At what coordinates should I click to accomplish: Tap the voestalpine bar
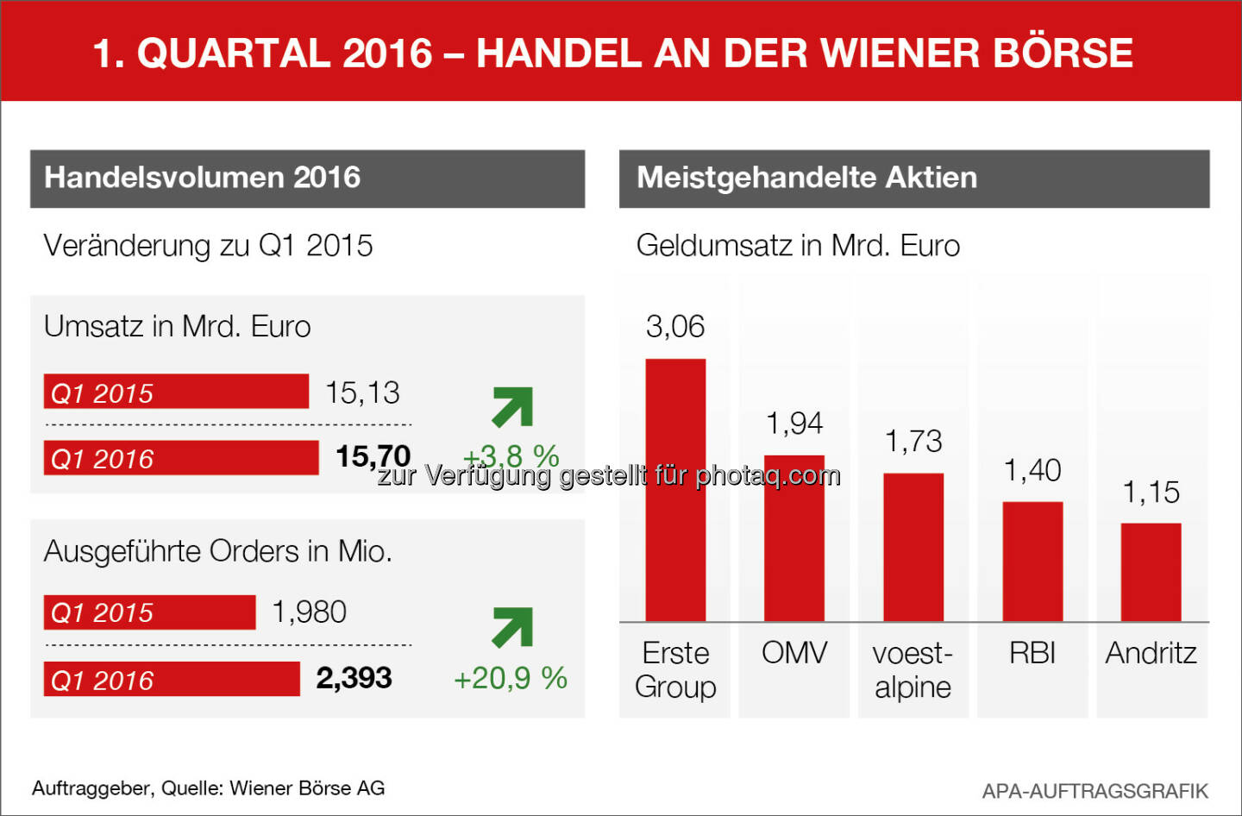[x=913, y=547]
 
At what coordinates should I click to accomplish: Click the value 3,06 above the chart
[x=675, y=327]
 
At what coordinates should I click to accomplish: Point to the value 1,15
[x=1151, y=493]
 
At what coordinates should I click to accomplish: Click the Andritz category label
[x=1151, y=653]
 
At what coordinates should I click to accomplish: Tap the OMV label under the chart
[x=793, y=653]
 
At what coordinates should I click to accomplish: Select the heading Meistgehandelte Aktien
[x=806, y=178]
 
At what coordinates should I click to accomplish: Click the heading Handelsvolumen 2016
[x=203, y=178]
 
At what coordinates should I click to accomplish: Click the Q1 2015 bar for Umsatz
[x=176, y=392]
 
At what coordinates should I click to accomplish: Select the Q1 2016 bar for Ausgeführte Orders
[x=172, y=679]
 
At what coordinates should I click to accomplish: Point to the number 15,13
[x=362, y=392]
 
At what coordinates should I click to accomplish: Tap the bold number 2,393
[x=354, y=678]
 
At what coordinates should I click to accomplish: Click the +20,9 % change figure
[x=511, y=678]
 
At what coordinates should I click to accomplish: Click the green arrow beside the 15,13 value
[x=512, y=406]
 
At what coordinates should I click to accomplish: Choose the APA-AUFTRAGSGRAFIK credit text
[x=1095, y=791]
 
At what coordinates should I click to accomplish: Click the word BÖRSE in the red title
[x=1063, y=53]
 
